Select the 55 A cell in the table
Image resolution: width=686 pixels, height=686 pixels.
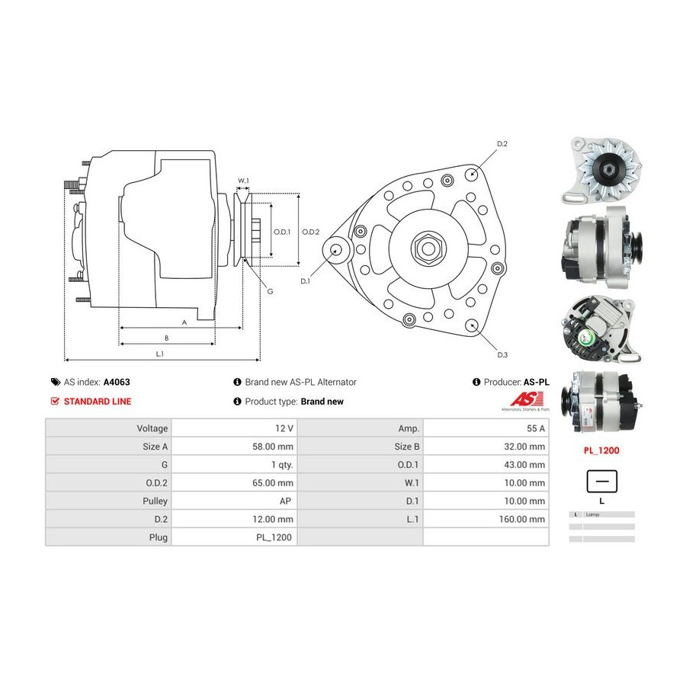tap(535, 428)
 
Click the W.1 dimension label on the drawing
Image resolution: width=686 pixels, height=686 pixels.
tap(243, 181)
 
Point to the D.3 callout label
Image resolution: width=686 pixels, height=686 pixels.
tap(502, 354)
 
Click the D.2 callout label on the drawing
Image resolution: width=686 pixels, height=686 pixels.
tap(502, 144)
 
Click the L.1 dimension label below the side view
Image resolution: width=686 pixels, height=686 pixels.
tap(160, 354)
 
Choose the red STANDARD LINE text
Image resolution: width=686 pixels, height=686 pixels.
tap(97, 402)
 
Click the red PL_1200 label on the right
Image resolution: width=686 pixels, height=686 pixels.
tap(601, 450)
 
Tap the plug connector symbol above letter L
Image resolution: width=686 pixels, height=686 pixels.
tap(601, 482)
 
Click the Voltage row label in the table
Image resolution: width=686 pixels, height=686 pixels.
tap(152, 428)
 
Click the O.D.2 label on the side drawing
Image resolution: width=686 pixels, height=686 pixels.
tap(310, 232)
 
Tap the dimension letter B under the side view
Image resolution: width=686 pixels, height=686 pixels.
tap(166, 338)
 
